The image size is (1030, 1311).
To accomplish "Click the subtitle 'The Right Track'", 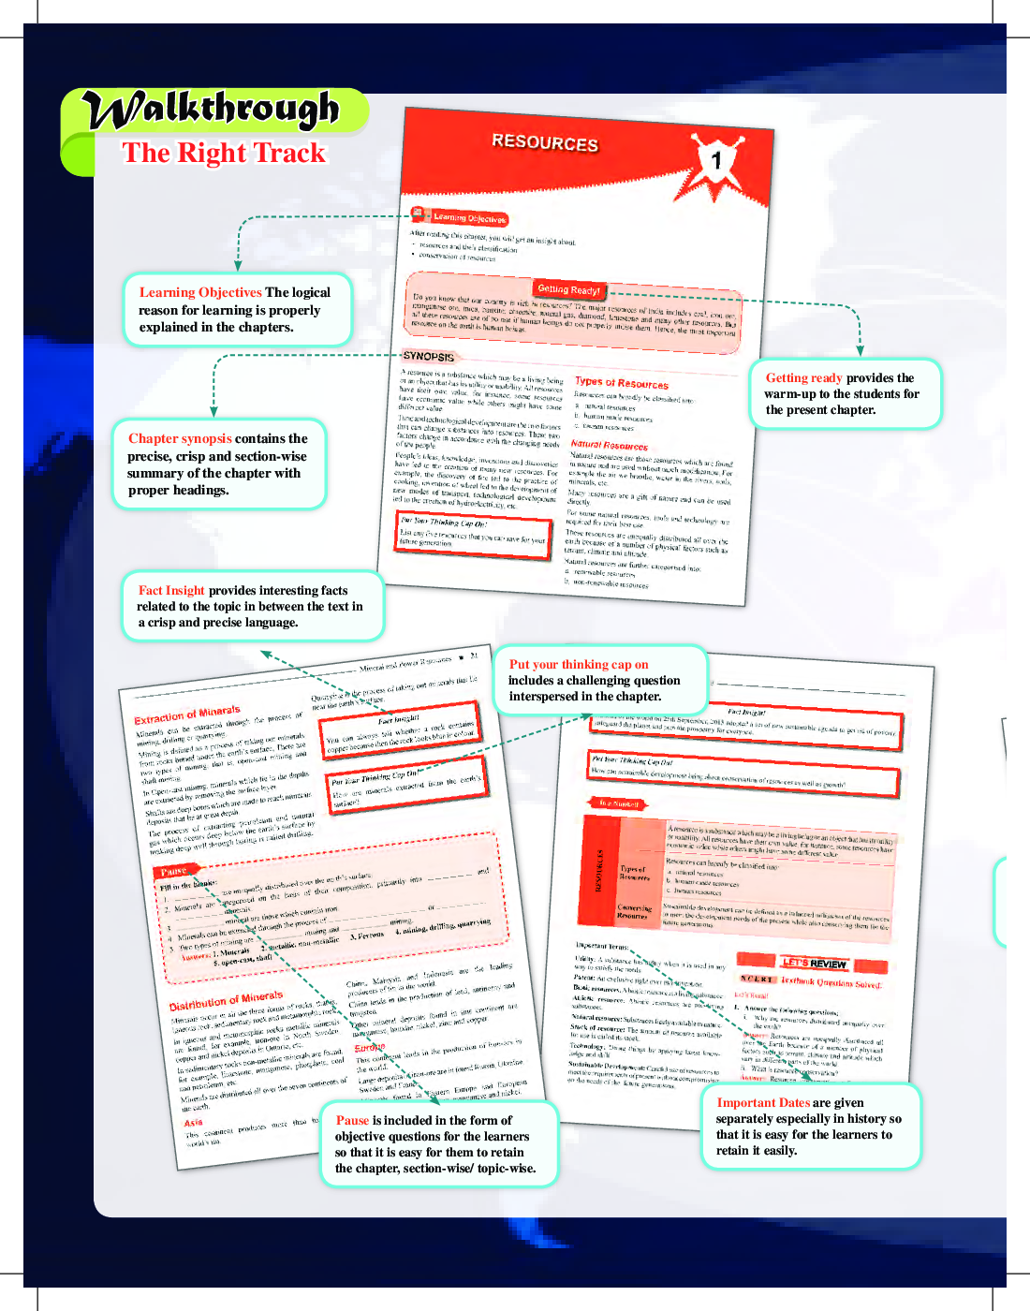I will (224, 153).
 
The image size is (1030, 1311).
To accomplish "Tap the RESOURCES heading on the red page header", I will (545, 142).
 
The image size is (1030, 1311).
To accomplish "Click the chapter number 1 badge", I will (716, 160).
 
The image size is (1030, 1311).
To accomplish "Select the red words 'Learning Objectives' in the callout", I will (200, 292).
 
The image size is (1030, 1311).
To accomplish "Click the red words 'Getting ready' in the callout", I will (803, 378).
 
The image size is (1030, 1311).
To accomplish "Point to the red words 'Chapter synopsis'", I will (180, 438).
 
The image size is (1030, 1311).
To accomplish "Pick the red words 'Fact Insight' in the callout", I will (171, 590).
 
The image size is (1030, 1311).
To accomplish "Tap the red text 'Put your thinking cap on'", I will (578, 664).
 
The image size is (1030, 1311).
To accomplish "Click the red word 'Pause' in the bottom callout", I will (352, 1120).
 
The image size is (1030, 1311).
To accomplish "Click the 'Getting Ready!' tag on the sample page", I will (568, 289).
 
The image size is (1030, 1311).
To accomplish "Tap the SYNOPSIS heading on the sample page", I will (428, 357).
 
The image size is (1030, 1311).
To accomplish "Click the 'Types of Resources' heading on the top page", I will (622, 383).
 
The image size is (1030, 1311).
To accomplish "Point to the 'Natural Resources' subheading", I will (609, 446).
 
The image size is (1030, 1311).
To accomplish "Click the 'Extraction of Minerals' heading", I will (187, 715).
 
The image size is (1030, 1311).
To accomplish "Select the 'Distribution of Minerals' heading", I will (226, 1001).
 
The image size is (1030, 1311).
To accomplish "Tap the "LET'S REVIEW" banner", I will (814, 964).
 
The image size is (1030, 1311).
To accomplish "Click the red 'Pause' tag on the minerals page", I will (174, 872).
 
